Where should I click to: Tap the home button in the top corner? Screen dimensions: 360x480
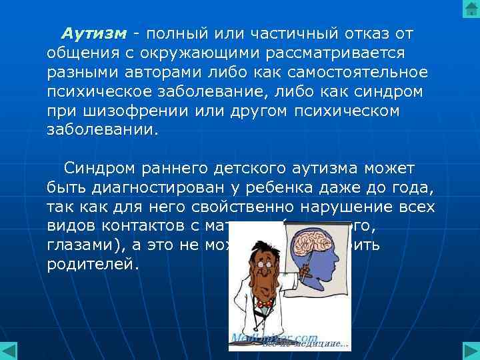[x=469, y=10]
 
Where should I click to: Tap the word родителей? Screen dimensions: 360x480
[x=93, y=264]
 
